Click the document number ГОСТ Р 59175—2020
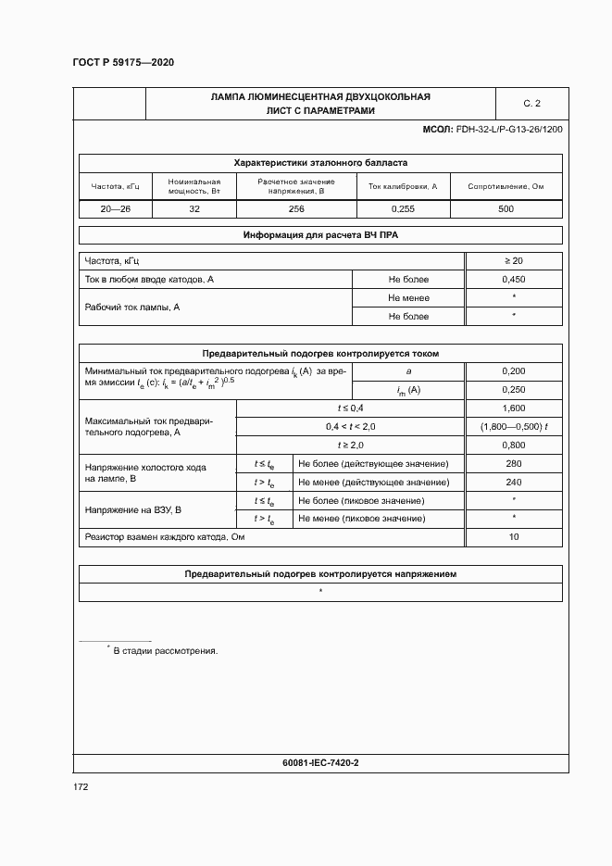pos(123,62)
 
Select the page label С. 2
pos(531,103)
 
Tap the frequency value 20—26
pos(116,209)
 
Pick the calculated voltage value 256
pos(296,209)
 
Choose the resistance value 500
pos(506,209)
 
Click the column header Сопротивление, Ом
pos(506,186)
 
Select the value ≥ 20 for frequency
pos(513,260)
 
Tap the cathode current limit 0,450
pos(513,279)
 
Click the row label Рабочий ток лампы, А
pos(131,307)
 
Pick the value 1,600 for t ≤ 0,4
pos(513,408)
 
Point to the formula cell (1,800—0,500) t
pos(514,426)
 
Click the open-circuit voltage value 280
pos(513,463)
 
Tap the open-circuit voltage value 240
pos(513,482)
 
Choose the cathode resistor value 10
pos(513,537)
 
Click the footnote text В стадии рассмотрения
pos(165,651)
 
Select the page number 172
pos(81,787)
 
